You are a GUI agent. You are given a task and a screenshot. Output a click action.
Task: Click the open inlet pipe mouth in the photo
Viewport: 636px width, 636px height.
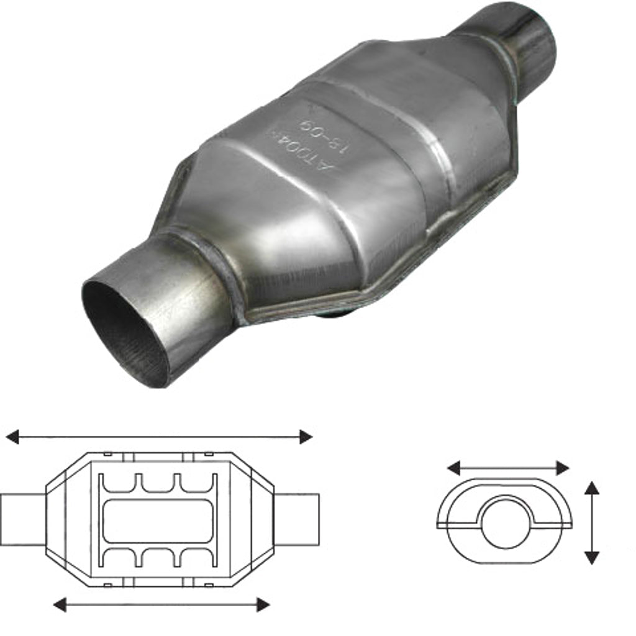click(x=124, y=332)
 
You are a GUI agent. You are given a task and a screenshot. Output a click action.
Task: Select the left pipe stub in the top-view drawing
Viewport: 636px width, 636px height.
click(x=22, y=519)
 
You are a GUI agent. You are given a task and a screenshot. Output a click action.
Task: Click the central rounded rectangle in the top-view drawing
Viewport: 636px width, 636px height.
click(x=158, y=519)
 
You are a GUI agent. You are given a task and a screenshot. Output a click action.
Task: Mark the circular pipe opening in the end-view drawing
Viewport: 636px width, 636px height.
click(x=504, y=522)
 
